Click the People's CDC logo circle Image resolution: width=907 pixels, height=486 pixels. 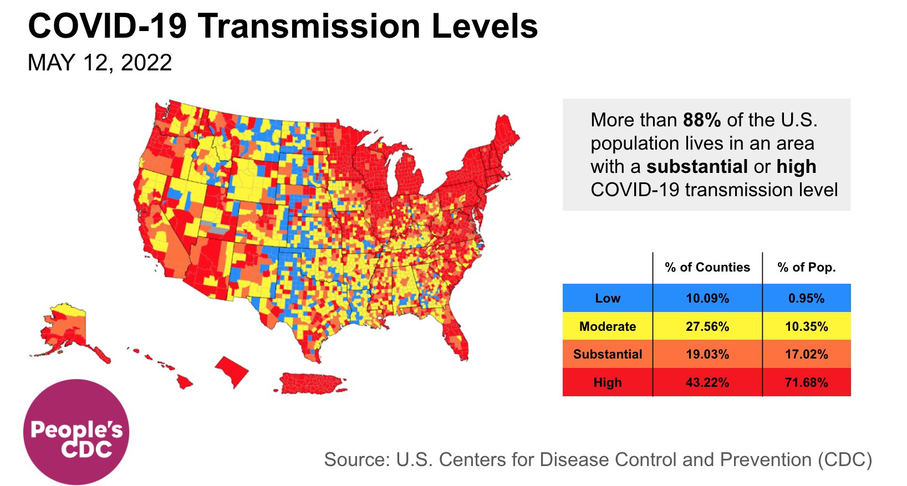point(76,432)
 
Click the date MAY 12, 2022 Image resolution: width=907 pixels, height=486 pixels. point(100,63)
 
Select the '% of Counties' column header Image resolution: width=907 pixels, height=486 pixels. point(707,267)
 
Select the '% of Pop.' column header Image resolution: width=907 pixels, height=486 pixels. point(806,267)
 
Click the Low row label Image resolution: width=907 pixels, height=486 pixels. point(608,298)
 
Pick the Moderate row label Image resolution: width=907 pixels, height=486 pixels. point(608,326)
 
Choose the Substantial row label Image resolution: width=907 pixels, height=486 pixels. point(608,354)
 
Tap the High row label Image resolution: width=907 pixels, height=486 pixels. point(608,382)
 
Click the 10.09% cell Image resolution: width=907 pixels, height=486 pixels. point(707,298)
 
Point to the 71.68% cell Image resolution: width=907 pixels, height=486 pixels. point(806,382)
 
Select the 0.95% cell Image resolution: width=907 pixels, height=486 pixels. point(806,298)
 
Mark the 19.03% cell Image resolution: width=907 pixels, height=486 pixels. point(707,354)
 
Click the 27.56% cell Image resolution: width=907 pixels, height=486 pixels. point(707,326)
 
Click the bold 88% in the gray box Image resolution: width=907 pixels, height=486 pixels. point(702,120)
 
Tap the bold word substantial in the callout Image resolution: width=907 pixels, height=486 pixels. point(697,166)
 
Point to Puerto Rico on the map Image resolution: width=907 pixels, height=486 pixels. point(310,382)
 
